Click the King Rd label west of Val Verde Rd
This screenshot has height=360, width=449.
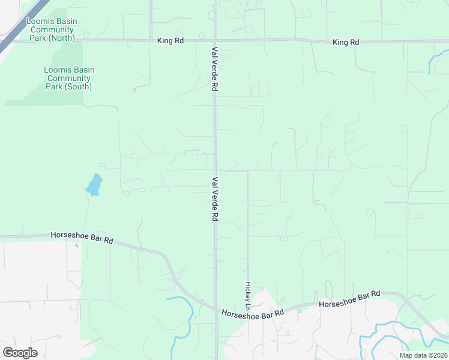click(x=170, y=41)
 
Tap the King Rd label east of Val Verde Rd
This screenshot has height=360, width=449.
click(x=346, y=42)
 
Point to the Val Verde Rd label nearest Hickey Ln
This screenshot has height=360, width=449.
click(x=214, y=199)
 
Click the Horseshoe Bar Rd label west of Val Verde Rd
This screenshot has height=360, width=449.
click(x=82, y=238)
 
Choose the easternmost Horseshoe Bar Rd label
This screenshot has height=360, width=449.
click(x=350, y=299)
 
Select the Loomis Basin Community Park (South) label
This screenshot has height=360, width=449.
click(x=69, y=78)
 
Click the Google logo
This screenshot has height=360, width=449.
click(x=20, y=353)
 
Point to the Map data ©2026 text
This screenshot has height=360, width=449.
click(x=423, y=355)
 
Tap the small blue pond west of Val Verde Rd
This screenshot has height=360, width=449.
click(x=94, y=185)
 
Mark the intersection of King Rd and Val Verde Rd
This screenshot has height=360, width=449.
click(x=214, y=41)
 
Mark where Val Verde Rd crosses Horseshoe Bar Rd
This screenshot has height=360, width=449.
click(x=216, y=310)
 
